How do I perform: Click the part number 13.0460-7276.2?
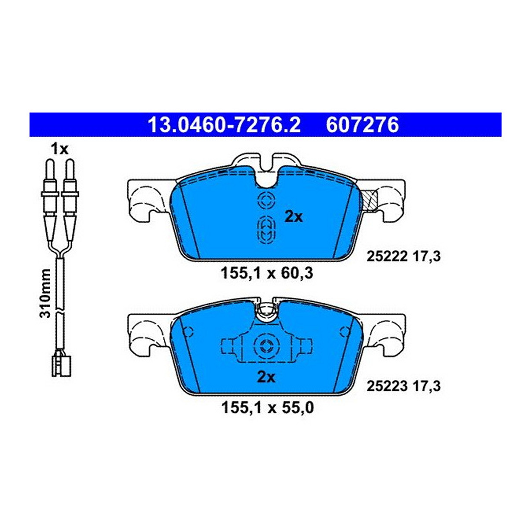click(224, 125)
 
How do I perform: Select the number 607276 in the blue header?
click(362, 125)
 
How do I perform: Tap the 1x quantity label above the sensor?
click(59, 149)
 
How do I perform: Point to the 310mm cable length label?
click(45, 293)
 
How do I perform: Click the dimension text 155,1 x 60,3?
click(267, 273)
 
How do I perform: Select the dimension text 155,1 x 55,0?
click(268, 415)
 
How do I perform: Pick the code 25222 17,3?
click(403, 257)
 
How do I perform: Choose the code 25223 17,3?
click(403, 386)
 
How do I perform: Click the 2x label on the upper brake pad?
click(294, 217)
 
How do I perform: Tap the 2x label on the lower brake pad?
click(266, 378)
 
